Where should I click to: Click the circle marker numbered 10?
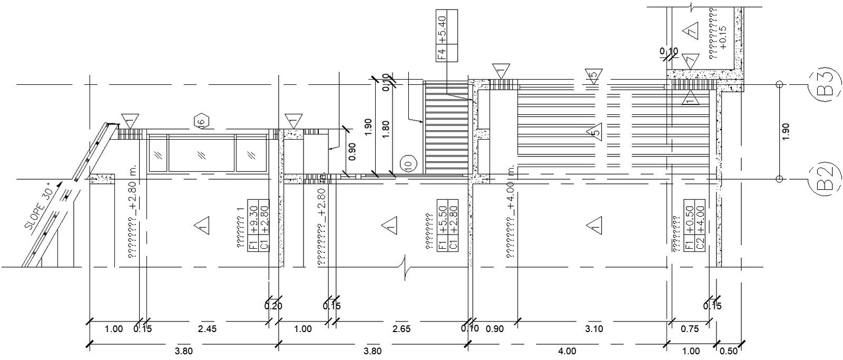[x=407, y=164]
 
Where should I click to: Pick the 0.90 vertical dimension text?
[x=352, y=151]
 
